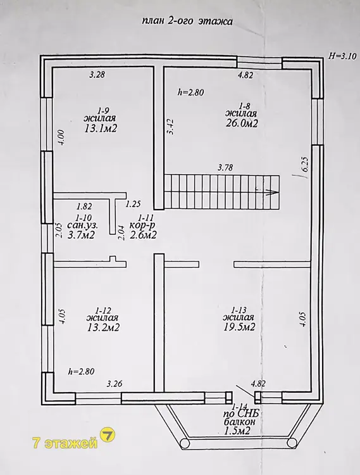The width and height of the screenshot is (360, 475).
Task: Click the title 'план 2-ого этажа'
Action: (x=187, y=22)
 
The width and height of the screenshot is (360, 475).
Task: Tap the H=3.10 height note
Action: (x=343, y=56)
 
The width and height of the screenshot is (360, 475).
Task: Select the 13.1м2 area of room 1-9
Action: (x=101, y=129)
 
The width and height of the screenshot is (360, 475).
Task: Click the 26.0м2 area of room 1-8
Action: (x=242, y=123)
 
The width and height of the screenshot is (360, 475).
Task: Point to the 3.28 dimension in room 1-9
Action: (x=97, y=75)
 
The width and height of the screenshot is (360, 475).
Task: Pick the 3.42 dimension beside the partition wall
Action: (x=171, y=127)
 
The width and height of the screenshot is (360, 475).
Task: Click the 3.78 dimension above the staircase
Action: (x=225, y=167)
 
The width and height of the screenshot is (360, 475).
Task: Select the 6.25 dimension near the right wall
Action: (x=304, y=165)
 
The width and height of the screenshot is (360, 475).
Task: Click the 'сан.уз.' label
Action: (x=83, y=225)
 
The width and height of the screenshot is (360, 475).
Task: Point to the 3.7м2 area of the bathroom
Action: (x=81, y=235)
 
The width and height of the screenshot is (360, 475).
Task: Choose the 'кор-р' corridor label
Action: (x=142, y=225)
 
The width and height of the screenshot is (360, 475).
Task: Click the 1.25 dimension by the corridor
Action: (x=133, y=204)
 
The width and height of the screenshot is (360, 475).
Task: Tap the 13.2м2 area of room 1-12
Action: (x=102, y=327)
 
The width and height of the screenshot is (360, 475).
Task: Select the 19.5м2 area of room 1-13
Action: (x=239, y=327)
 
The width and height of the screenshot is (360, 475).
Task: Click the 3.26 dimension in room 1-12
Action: (x=115, y=384)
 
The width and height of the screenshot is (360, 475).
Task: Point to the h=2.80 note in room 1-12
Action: (x=81, y=371)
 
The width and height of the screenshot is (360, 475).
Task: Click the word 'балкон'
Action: (x=239, y=422)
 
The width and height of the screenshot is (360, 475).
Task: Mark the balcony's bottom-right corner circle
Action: (x=292, y=443)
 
